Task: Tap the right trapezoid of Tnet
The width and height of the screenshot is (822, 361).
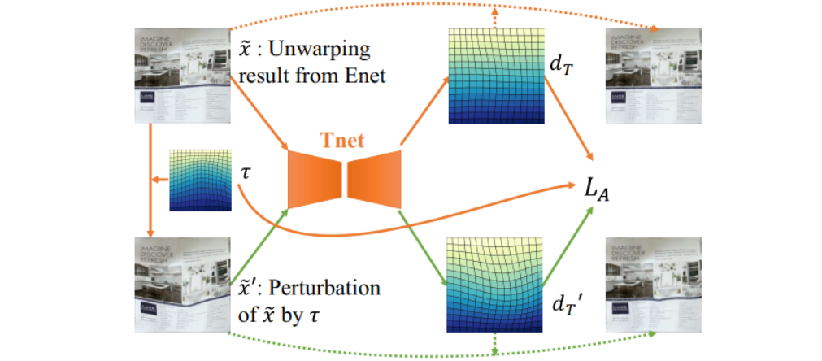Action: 374,179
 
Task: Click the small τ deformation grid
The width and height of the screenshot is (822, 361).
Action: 195,180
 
